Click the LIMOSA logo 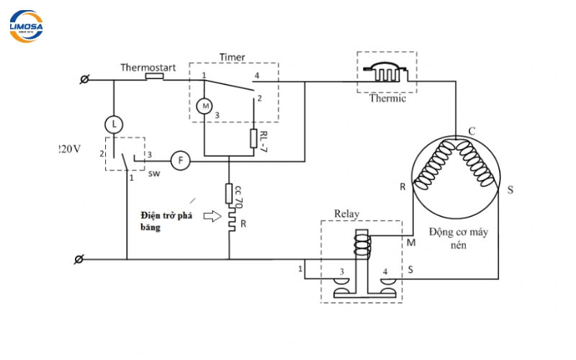tap(26, 26)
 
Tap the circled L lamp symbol tap(113, 124)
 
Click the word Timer tap(232, 57)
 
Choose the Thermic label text tap(387, 99)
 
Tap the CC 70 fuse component tap(229, 194)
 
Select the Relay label tap(347, 214)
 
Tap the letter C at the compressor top tap(472, 131)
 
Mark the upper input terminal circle tap(84, 79)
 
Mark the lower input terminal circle tap(81, 258)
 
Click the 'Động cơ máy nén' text tap(455, 238)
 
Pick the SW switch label tap(153, 174)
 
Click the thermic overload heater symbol tap(387, 73)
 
